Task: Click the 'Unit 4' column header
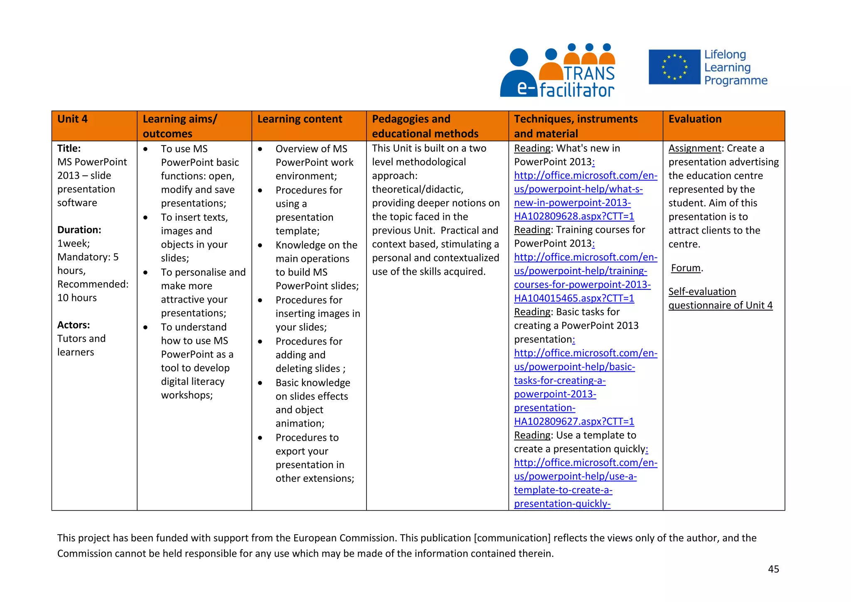(x=73, y=119)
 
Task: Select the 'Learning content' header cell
(x=300, y=119)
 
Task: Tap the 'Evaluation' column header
(x=695, y=119)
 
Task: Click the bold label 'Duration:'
(x=79, y=230)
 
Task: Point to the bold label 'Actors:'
(x=74, y=325)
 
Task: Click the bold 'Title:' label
(x=69, y=148)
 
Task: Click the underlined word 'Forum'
(x=686, y=268)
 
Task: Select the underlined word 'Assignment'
(x=695, y=148)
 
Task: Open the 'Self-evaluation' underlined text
(x=702, y=292)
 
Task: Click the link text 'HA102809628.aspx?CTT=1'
(x=574, y=216)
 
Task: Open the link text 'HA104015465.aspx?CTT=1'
(x=574, y=299)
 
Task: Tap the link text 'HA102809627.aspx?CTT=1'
(x=574, y=422)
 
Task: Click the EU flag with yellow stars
(x=674, y=67)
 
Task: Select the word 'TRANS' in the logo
(x=589, y=74)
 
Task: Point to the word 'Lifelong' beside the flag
(x=725, y=54)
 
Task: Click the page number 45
(x=773, y=569)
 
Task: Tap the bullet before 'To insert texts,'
(x=145, y=217)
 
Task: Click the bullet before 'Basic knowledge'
(x=260, y=383)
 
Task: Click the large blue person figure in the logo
(x=519, y=75)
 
